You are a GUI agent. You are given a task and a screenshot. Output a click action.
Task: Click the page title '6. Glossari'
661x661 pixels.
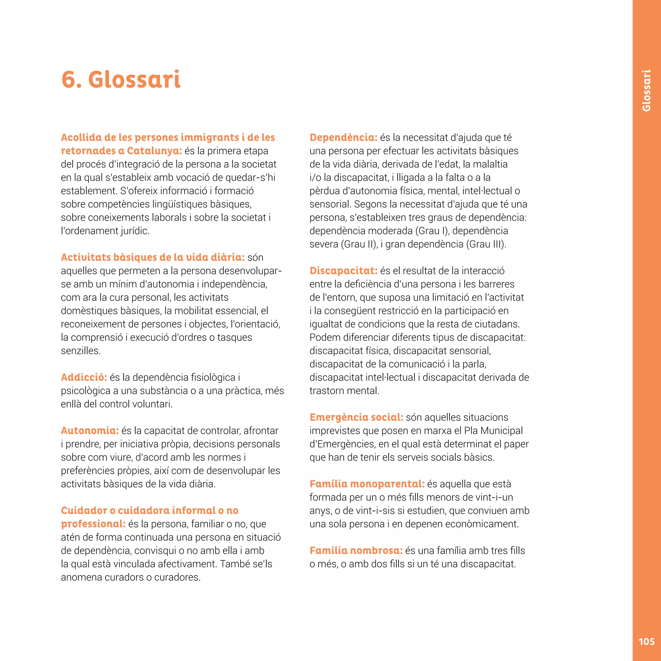point(121,79)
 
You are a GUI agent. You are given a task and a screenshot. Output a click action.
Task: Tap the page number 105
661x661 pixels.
point(646,642)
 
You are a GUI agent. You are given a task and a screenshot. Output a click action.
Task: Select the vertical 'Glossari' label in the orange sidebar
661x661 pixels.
point(646,91)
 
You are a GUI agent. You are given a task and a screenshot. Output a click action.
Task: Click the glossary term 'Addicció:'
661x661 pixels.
point(84,377)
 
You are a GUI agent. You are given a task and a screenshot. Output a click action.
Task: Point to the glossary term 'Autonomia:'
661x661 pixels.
point(90,431)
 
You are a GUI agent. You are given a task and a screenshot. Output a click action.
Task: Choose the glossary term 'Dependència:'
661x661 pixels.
point(343,137)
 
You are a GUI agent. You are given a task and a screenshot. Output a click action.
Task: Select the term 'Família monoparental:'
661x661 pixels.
point(367,484)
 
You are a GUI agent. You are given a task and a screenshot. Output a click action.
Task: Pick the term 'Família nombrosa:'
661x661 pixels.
point(356,551)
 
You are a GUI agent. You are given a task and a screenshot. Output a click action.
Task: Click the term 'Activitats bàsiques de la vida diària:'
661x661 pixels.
point(153,257)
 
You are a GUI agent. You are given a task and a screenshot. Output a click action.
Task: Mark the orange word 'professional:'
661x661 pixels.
point(93,524)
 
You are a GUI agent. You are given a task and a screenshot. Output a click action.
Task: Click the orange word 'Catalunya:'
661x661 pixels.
point(154,151)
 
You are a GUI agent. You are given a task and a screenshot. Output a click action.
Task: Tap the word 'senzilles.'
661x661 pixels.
point(81,351)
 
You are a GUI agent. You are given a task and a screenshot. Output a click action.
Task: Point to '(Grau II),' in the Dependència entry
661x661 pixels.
point(359,244)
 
